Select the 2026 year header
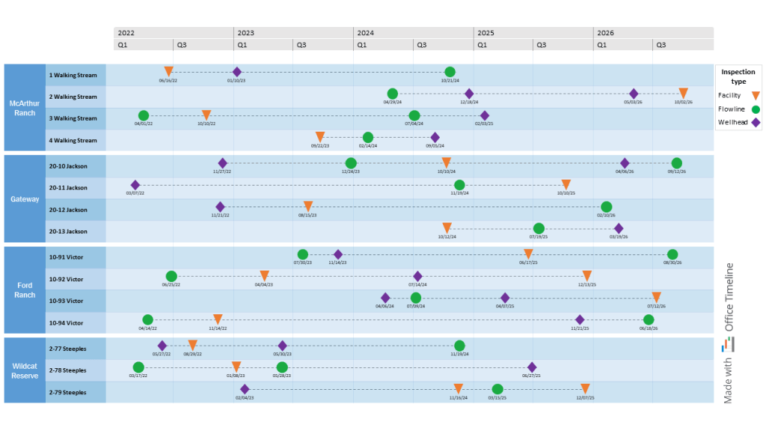click(606, 33)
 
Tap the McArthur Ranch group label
click(25, 107)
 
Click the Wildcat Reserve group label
click(25, 370)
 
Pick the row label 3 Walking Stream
click(73, 118)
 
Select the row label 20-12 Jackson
click(68, 210)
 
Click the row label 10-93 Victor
click(66, 301)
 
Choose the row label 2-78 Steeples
click(67, 370)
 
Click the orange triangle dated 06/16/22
click(168, 71)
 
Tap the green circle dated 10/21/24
click(450, 72)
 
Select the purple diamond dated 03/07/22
click(135, 185)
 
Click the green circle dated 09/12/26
click(676, 163)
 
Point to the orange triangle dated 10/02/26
click(683, 94)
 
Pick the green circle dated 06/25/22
click(171, 276)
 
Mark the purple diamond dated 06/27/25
click(532, 367)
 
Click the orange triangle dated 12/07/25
click(586, 389)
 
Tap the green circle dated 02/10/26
click(606, 207)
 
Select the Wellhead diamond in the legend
click(756, 122)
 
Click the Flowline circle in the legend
click(756, 108)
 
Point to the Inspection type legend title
click(738, 76)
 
